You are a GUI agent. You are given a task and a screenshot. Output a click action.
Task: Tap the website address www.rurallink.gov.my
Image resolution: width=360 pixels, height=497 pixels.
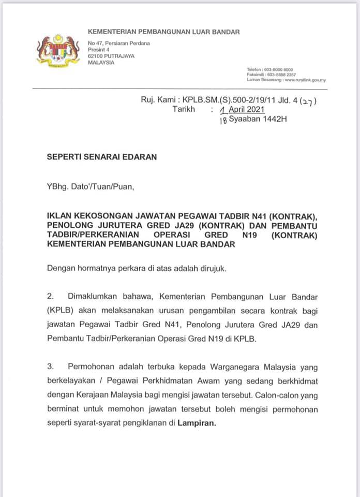[x=305, y=80]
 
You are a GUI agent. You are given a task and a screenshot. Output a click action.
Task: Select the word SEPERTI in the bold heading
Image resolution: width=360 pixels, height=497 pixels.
[x=65, y=156]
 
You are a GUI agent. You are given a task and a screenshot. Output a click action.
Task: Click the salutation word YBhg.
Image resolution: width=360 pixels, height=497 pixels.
[x=57, y=187]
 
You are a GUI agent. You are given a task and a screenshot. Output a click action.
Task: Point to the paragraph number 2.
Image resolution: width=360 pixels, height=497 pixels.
[x=50, y=297]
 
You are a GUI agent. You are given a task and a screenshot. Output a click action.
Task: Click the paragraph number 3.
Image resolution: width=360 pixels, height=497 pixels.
[x=50, y=367]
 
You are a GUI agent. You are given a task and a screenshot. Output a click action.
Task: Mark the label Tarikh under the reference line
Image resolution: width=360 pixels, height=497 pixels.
[x=184, y=109]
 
